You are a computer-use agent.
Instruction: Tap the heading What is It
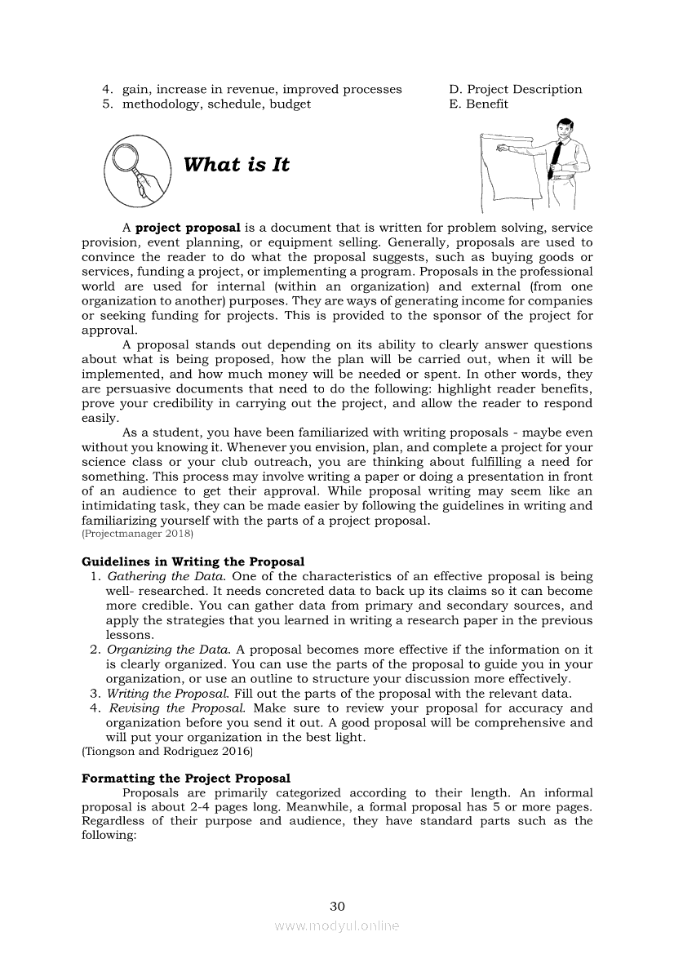(237, 165)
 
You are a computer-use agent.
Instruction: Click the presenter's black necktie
(556, 152)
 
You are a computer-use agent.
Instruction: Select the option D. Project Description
(515, 89)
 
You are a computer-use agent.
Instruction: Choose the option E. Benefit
(478, 104)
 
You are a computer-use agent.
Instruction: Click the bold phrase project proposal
(188, 228)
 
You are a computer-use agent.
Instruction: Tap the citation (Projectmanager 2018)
(137, 534)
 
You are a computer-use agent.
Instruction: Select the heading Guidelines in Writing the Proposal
(193, 561)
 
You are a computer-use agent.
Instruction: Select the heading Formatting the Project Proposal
(185, 779)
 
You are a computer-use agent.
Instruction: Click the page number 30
(337, 906)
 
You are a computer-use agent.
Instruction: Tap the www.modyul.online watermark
(337, 925)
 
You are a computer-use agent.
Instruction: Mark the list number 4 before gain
(106, 89)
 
